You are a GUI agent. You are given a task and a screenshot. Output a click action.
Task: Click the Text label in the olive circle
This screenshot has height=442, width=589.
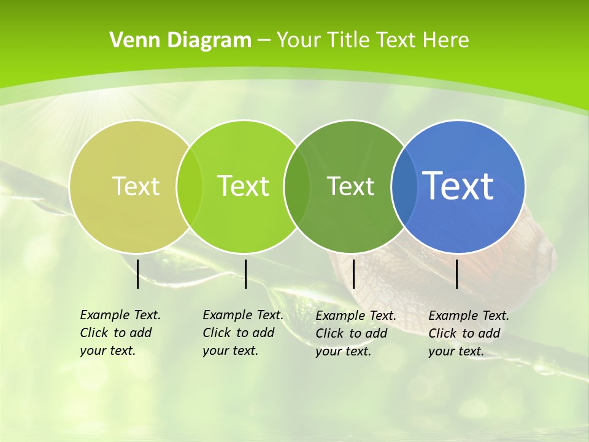point(136,186)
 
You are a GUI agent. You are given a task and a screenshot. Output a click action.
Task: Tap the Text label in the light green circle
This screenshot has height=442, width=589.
point(244,186)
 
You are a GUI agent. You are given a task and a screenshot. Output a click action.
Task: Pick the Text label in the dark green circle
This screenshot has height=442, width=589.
point(350,186)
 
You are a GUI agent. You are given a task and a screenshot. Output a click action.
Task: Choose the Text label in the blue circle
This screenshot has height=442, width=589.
point(458,185)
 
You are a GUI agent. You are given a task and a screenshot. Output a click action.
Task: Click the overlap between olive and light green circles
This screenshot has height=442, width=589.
point(190,186)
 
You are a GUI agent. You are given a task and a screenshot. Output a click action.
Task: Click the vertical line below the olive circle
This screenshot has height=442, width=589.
point(138,274)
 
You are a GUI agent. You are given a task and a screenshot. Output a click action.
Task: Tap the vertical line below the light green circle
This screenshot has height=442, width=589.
point(245,274)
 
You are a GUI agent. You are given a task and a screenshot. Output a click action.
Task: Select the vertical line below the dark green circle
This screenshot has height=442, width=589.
point(353,274)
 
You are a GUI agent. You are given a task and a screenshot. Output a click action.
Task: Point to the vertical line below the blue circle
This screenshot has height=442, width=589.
point(457,274)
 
